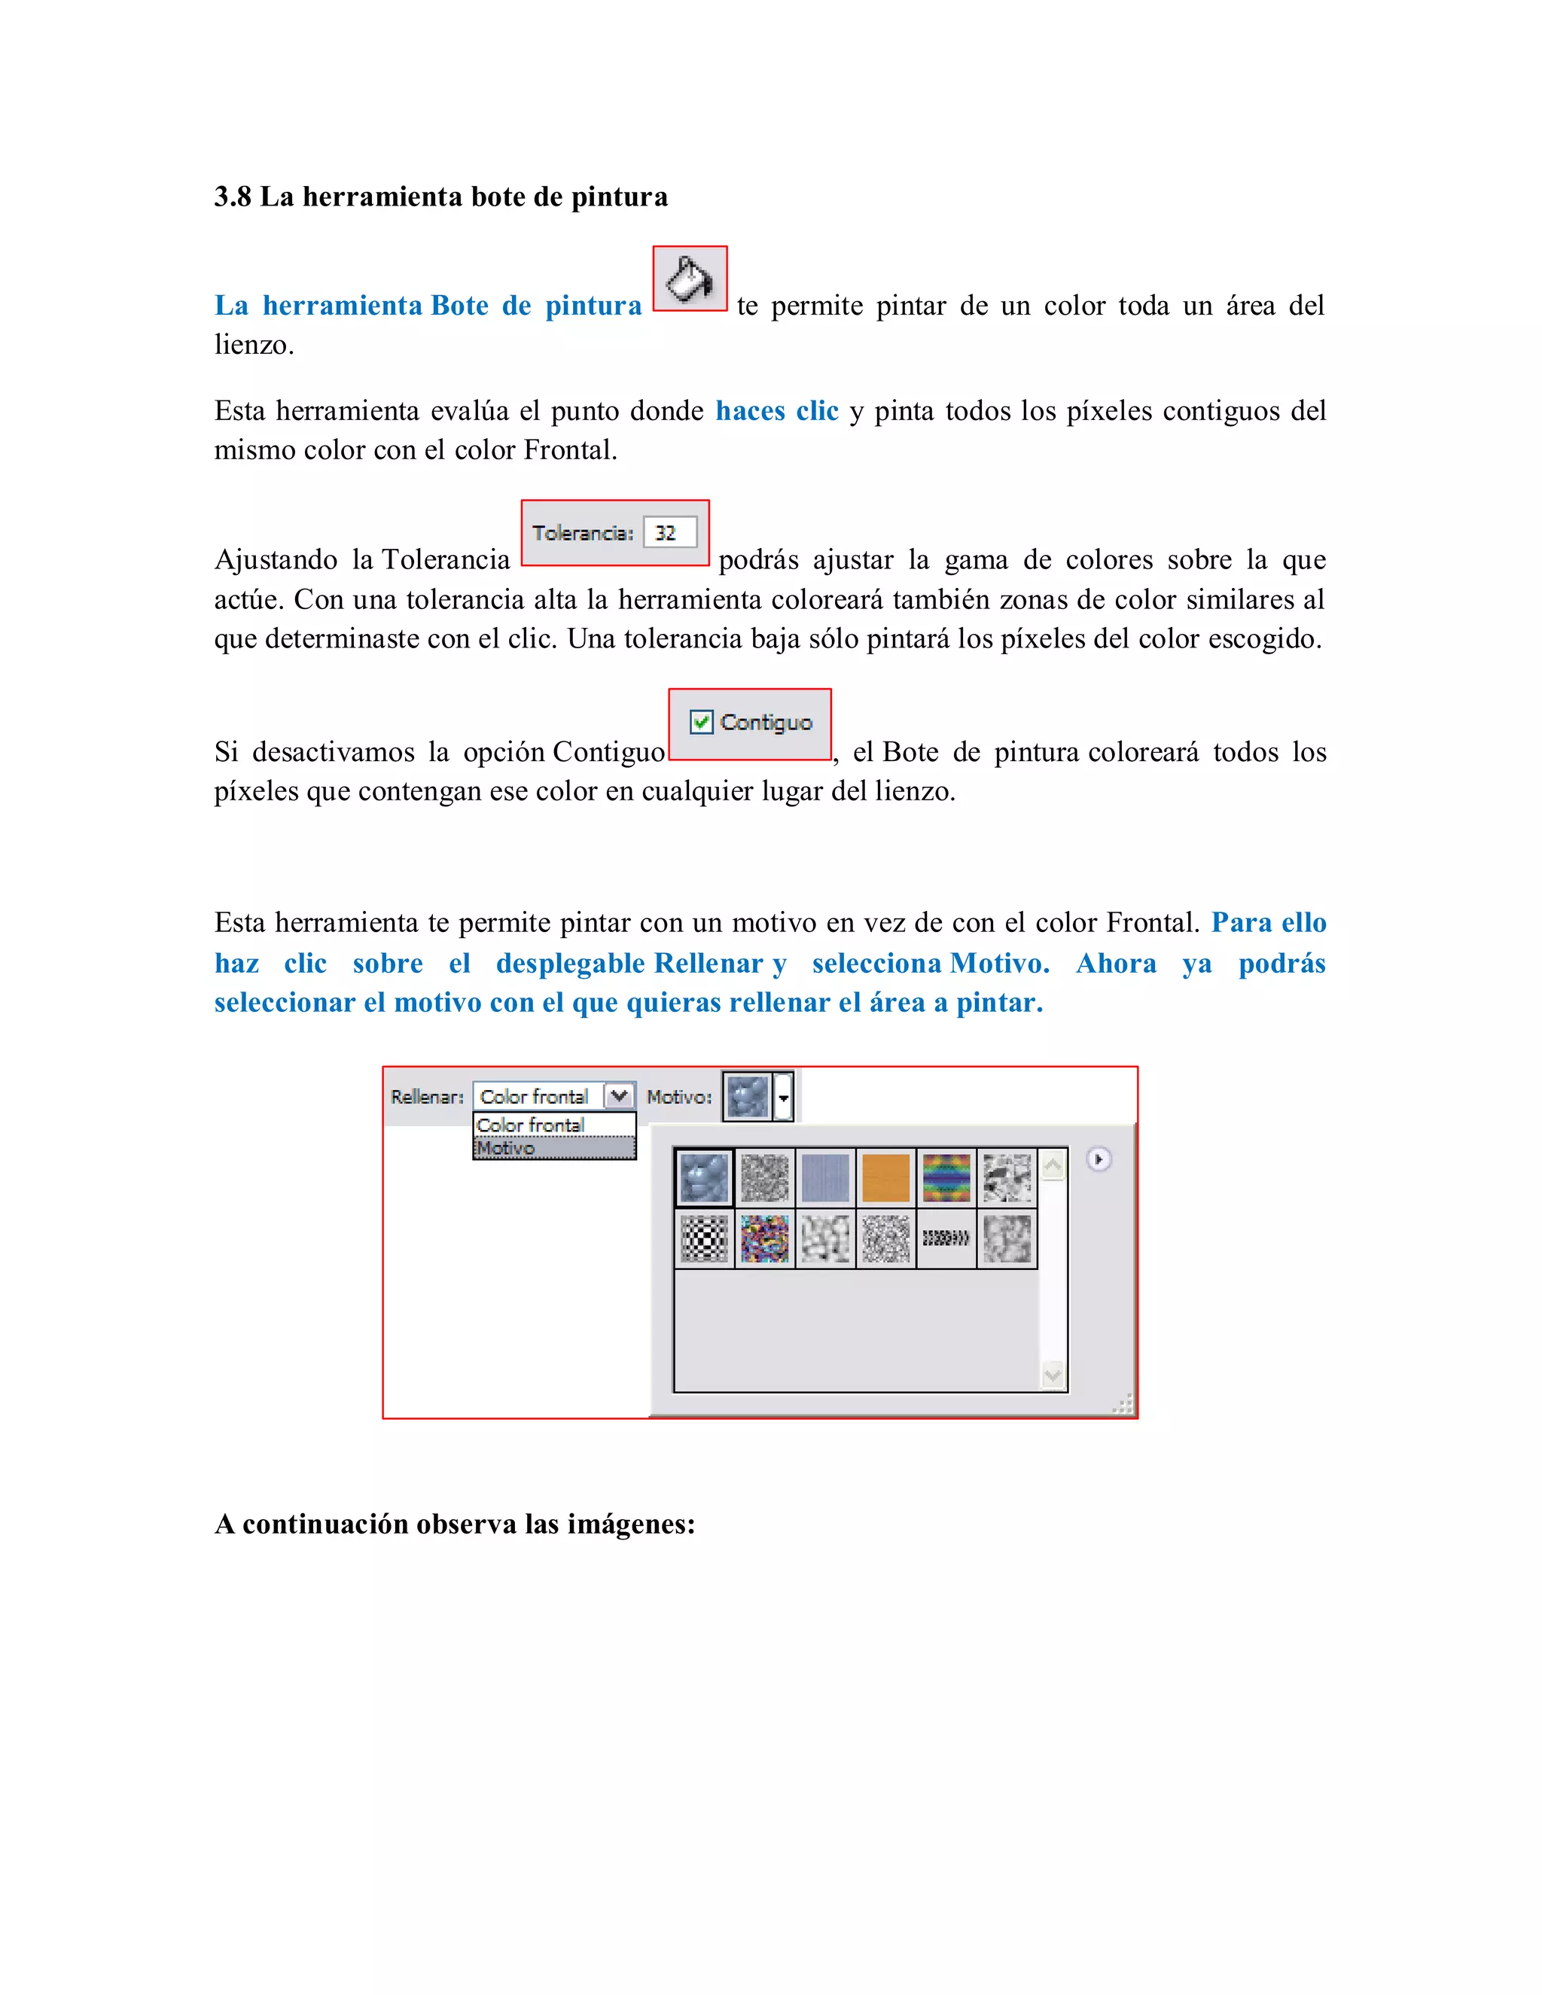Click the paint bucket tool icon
click(689, 279)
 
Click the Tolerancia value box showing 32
click(669, 532)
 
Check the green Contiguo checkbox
click(701, 722)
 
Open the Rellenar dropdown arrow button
click(620, 1095)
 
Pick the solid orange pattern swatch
click(885, 1177)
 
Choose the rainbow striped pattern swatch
click(946, 1177)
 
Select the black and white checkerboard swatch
click(704, 1238)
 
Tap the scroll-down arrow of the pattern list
click(1053, 1375)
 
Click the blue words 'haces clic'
click(776, 411)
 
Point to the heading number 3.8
click(232, 197)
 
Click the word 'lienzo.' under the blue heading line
click(254, 346)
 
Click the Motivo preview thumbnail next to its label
click(747, 1096)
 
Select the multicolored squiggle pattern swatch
click(765, 1238)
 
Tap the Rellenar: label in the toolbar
click(427, 1097)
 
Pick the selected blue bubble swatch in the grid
click(704, 1177)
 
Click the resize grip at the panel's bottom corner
click(1123, 1404)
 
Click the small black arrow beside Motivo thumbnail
click(783, 1097)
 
